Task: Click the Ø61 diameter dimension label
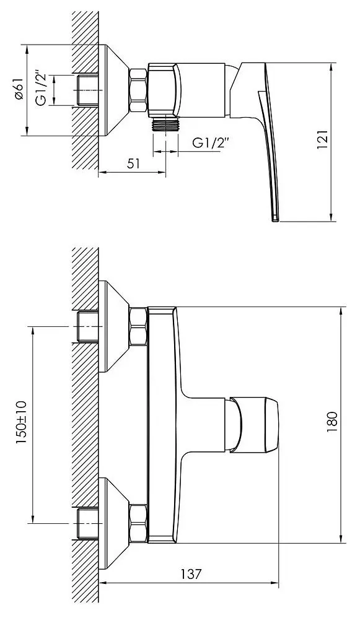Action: (19, 90)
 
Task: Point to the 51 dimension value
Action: (133, 164)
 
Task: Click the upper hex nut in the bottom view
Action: (138, 328)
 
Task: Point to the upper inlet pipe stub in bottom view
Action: (87, 328)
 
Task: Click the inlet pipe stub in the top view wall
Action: (87, 90)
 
